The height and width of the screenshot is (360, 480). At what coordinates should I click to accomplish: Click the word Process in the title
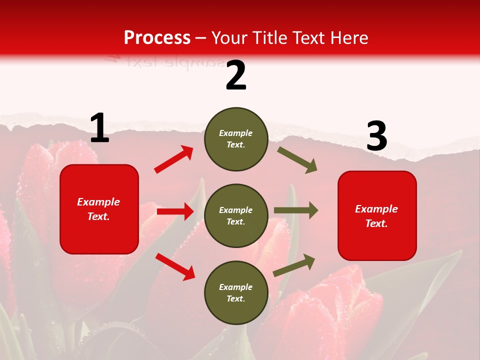tap(157, 37)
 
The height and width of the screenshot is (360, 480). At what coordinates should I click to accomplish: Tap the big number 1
tap(99, 128)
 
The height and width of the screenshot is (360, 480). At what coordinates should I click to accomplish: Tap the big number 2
tap(236, 75)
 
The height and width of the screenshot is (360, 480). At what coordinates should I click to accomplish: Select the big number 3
tap(376, 136)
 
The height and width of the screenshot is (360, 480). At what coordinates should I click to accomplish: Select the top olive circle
tap(236, 139)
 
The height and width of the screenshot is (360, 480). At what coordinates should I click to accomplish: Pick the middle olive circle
tap(236, 216)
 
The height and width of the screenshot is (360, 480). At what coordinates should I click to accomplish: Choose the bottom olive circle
tap(236, 293)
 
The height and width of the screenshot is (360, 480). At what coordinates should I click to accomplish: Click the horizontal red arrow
tap(175, 211)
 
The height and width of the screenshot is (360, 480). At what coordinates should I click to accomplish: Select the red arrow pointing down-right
tap(175, 266)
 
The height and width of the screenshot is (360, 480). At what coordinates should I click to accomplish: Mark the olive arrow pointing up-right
tap(294, 265)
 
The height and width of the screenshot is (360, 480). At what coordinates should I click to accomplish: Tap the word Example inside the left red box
tap(98, 202)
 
